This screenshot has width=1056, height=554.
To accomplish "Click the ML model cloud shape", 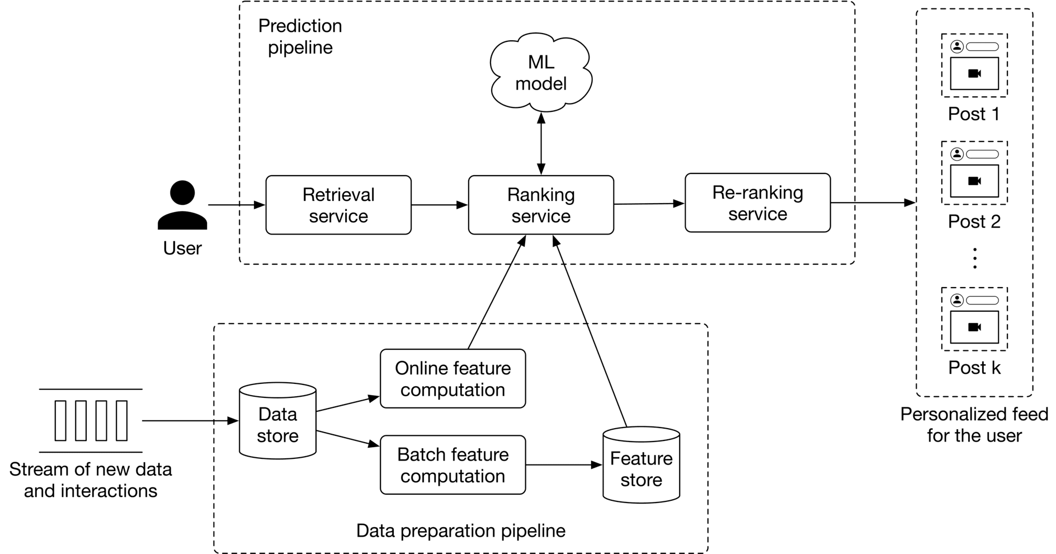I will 540,72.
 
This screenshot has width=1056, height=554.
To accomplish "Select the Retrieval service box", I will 338,205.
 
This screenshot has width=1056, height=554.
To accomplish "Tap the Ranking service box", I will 540,205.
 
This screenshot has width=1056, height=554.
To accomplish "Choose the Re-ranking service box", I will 757,203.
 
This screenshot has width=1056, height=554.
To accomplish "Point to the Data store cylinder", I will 277,421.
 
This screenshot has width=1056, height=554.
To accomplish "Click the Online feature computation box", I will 452,379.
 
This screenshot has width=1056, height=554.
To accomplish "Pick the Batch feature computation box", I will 452,465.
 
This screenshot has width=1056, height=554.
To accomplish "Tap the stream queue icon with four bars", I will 91,421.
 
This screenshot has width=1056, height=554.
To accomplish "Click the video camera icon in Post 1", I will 974,73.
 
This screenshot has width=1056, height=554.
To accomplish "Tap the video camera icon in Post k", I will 974,327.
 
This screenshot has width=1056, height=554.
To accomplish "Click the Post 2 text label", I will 974,222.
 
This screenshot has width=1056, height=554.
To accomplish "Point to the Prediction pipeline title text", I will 300,36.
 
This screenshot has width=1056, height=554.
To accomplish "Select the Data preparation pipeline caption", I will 460,530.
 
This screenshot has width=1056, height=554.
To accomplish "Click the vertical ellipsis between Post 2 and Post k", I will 975,258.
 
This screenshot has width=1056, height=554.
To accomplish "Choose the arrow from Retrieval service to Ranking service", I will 439,205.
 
